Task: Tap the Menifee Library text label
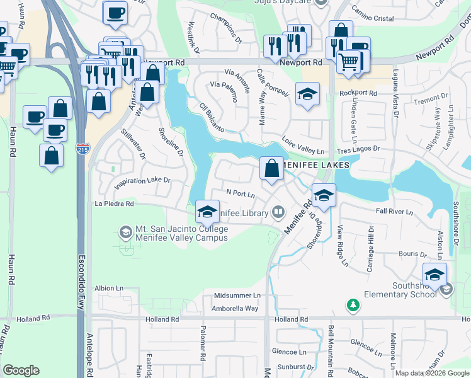click(242, 214)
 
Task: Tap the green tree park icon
click(353, 306)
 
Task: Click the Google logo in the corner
click(21, 370)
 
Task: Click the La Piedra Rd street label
click(114, 204)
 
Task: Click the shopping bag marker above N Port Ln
click(271, 169)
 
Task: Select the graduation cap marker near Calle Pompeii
click(307, 94)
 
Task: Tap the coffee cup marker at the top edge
click(115, 14)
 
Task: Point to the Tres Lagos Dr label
click(358, 149)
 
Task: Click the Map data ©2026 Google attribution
click(431, 373)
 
